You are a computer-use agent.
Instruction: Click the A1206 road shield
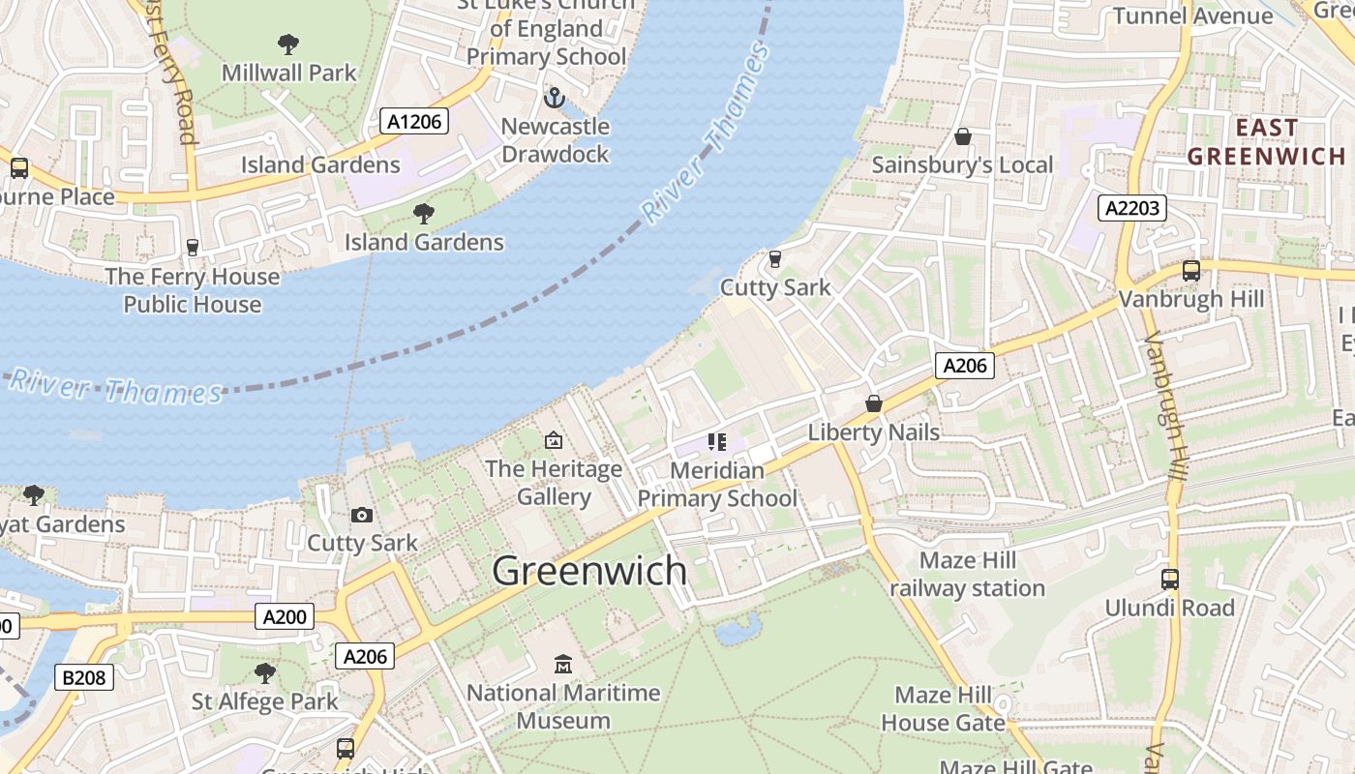click(414, 121)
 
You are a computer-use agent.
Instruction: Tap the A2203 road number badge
click(1132, 208)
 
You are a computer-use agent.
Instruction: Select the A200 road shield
click(285, 616)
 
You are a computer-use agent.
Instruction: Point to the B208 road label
click(84, 677)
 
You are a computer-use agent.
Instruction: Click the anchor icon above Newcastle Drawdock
click(555, 98)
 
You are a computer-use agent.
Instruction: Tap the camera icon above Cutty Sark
click(362, 515)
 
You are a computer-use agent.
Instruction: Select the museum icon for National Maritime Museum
click(563, 664)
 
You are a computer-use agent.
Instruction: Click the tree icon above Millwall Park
click(287, 44)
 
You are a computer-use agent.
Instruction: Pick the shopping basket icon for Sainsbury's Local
click(962, 136)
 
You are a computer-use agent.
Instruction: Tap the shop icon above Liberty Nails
click(874, 403)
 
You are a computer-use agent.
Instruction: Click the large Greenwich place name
click(589, 571)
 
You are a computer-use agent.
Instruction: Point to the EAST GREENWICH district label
click(1266, 142)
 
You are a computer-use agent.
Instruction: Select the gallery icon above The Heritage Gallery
click(554, 440)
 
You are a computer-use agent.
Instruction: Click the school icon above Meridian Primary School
click(716, 442)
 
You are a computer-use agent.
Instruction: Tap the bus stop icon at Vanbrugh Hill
click(1191, 271)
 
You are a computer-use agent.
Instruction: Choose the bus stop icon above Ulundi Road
click(1170, 580)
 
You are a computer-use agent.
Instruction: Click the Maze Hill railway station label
click(967, 575)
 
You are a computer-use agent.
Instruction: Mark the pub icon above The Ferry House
click(193, 248)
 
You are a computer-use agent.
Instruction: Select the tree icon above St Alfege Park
click(264, 672)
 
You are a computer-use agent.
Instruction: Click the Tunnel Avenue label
click(1192, 15)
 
